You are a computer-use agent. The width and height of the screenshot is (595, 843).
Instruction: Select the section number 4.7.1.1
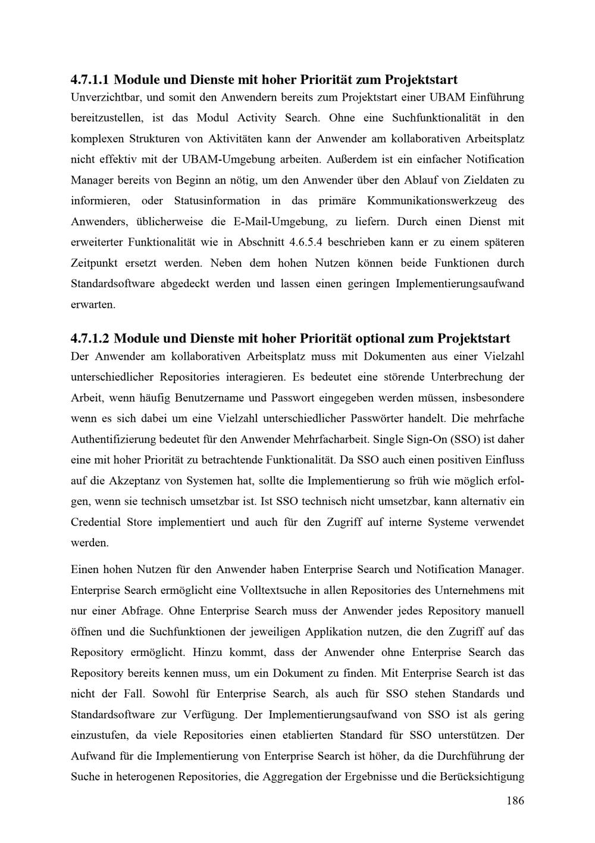(90, 79)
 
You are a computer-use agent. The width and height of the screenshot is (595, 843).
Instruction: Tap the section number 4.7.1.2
(90, 339)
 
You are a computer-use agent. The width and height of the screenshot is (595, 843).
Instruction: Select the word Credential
(95, 522)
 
